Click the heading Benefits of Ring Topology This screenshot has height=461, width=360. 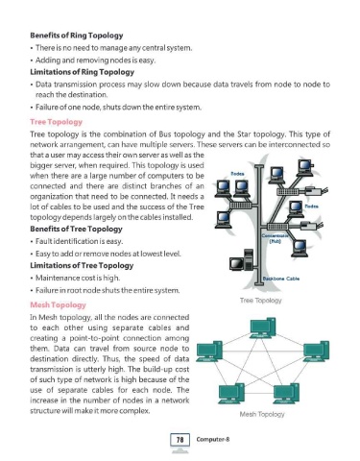77,36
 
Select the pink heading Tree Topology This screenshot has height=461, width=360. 56,122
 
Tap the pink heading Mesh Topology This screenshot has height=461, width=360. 58,304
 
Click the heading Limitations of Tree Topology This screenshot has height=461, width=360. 82,265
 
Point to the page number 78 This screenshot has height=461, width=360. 180,440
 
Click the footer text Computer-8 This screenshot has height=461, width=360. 213,439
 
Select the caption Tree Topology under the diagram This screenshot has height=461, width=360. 261,301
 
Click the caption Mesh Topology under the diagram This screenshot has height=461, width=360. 262,414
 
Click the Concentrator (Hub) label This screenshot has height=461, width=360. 275,238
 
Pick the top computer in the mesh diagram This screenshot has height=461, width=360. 263,328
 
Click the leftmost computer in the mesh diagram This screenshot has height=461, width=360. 209,352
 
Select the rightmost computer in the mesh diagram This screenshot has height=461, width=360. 316,352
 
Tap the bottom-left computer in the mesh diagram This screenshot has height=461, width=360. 231,394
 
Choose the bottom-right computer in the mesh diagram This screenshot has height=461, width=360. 286,394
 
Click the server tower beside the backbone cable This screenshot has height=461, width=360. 249,260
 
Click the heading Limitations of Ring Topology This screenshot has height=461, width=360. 82,72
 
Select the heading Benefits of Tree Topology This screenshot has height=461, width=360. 76,229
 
